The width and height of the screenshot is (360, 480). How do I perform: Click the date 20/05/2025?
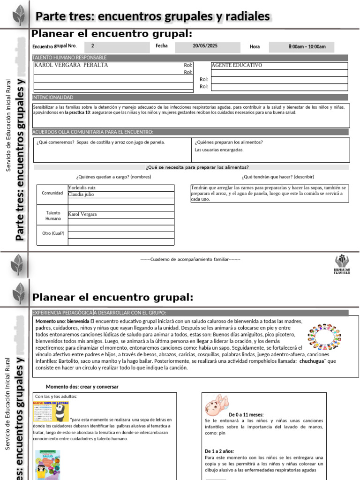(205, 46)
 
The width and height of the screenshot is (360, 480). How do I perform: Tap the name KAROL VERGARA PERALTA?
(71, 65)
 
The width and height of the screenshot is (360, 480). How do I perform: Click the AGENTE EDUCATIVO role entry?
(237, 65)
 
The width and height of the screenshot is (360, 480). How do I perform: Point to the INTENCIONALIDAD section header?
(52, 97)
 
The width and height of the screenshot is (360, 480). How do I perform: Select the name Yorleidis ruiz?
(82, 187)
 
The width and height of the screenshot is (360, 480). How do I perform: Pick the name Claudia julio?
(82, 194)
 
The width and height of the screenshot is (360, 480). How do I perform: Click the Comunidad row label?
(52, 193)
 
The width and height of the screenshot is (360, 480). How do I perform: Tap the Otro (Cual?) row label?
(53, 233)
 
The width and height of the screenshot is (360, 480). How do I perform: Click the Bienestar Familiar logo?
(341, 265)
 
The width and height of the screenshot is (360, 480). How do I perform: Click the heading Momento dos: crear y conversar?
(82, 387)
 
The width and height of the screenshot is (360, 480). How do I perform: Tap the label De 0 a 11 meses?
(246, 415)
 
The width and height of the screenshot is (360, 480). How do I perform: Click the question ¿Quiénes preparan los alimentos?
(229, 142)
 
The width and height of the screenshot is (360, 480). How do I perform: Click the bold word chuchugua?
(311, 361)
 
